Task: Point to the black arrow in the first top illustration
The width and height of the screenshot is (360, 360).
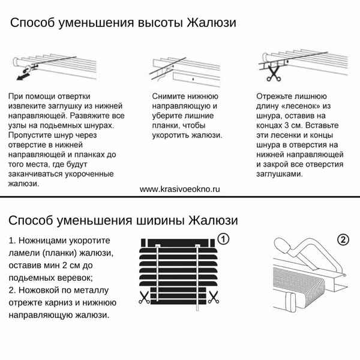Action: point(24,74)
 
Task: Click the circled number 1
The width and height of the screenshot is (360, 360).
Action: point(223,239)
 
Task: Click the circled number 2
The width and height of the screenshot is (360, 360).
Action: point(343,239)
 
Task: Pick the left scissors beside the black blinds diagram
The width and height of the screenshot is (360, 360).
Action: point(144,296)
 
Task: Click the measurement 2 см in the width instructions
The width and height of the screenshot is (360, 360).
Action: point(82,265)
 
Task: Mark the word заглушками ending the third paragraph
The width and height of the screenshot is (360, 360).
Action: point(279,174)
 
